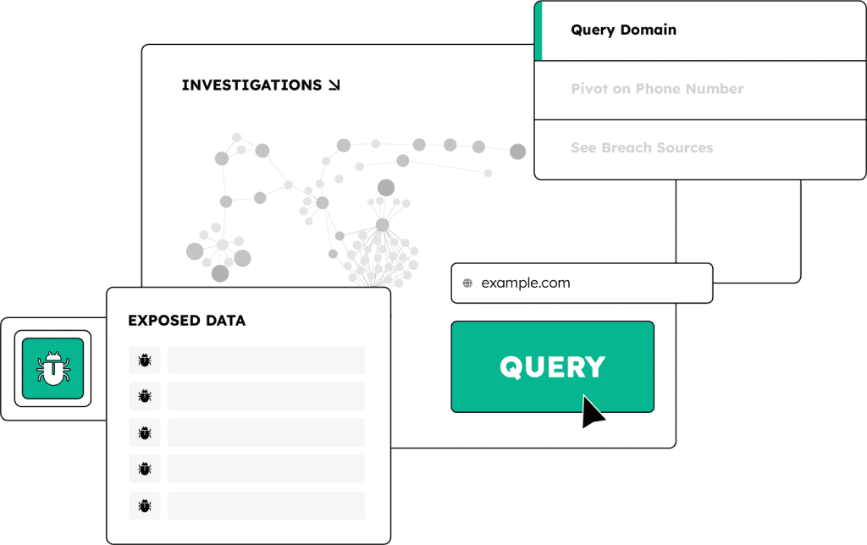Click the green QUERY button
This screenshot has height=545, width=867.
pos(552,366)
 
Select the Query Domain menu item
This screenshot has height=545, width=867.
pos(623,30)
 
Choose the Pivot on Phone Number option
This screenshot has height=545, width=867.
pos(657,89)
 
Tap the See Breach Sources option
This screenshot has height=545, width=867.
pos(642,148)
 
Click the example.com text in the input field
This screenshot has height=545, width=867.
pos(525,284)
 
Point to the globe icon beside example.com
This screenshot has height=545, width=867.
pos(467,284)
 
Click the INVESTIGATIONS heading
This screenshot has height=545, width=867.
pos(251,85)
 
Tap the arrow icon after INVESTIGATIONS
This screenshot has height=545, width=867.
pos(334,85)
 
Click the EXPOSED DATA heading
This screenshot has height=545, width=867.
pos(186,321)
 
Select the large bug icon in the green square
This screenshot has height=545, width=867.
pos(52,368)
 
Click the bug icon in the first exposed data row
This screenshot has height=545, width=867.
pos(145,361)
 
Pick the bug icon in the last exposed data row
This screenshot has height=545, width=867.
pos(145,506)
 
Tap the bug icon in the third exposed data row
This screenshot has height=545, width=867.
pos(145,433)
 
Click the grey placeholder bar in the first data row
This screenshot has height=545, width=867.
pos(266,361)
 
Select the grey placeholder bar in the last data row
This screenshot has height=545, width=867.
pos(266,506)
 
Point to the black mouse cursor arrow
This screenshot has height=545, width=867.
pos(591,410)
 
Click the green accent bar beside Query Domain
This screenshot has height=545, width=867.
pos(538,30)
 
